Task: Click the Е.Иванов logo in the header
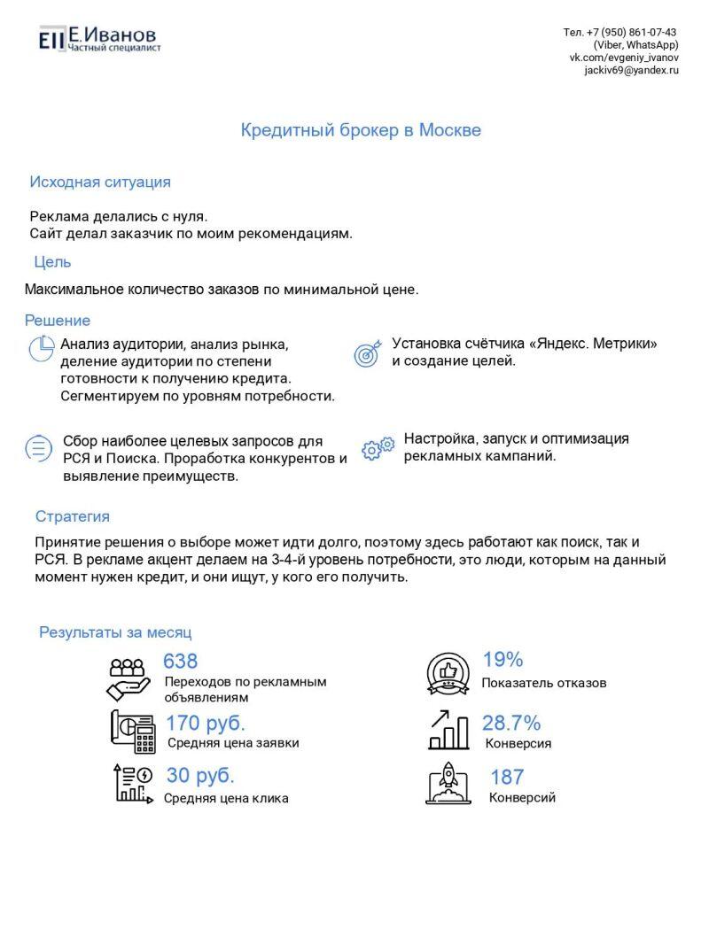pos(99,38)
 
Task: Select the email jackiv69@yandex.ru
pos(631,70)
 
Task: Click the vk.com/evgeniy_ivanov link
pos(624,58)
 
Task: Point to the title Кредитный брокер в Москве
pos(361,130)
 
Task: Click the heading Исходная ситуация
pos(100,182)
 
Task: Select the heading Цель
pos(52,262)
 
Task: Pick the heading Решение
pos(58,321)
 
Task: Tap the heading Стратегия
pos(73,517)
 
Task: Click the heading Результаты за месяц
pos(115,633)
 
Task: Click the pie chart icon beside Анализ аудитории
pos(42,349)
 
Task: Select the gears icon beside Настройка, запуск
pos(378,448)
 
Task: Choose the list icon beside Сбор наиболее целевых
pos(38,448)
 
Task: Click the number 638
pos(181,662)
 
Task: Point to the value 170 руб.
pos(206,724)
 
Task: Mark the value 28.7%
pos(511,723)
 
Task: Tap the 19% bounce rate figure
pos(503,660)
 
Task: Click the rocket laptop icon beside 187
pos(448,782)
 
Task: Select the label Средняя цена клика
pos(226,799)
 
